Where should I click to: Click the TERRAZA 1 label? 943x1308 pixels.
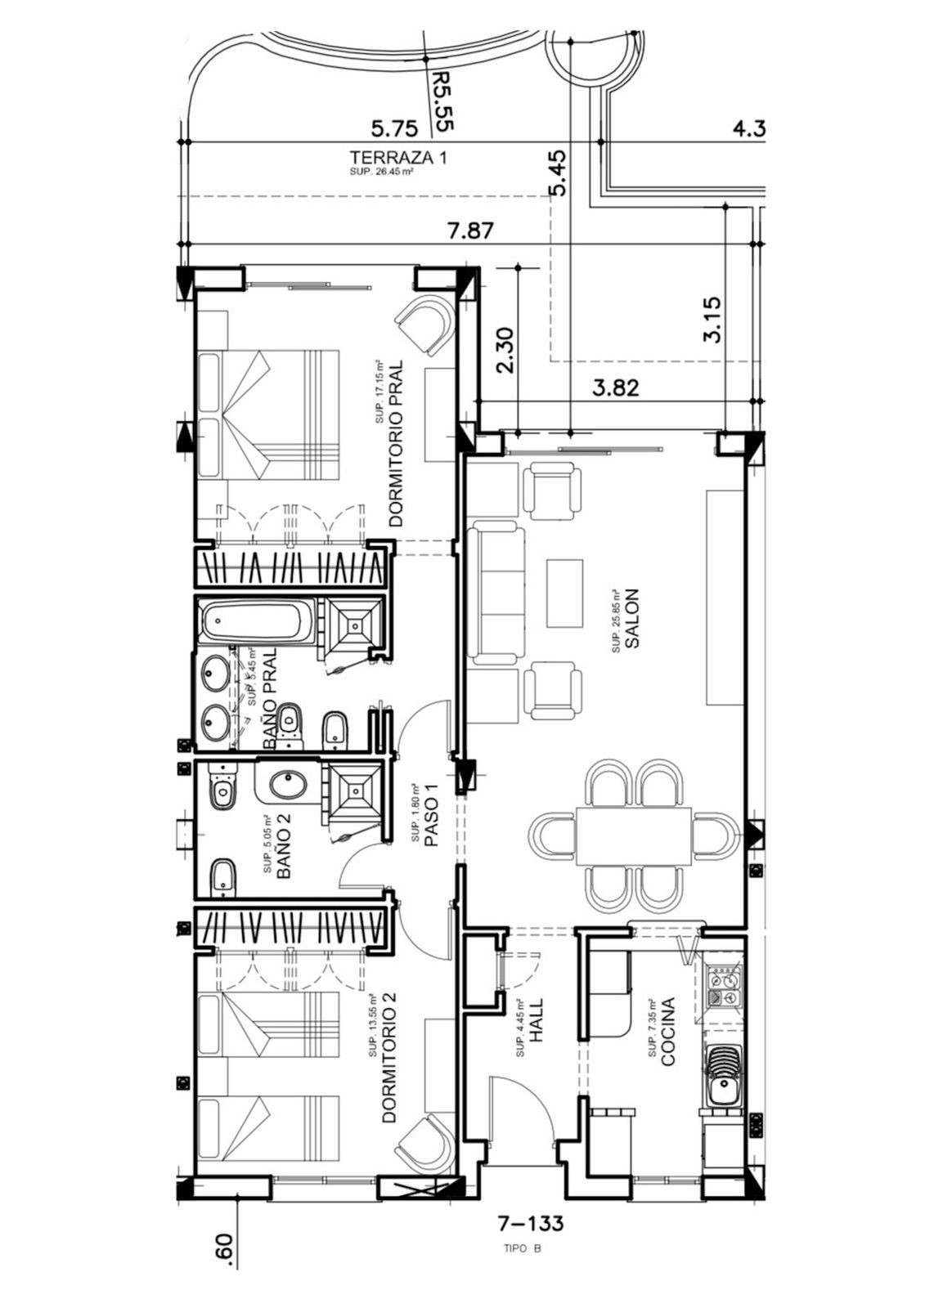click(398, 157)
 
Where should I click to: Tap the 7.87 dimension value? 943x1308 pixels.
click(471, 231)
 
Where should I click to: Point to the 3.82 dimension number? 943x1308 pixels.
click(616, 387)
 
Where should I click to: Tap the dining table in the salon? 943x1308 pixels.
click(633, 837)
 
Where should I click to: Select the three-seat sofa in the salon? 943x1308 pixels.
click(496, 595)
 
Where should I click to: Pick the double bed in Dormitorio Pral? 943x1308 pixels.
click(269, 414)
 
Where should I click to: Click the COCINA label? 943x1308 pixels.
click(667, 1031)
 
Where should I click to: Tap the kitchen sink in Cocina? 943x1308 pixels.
click(722, 1089)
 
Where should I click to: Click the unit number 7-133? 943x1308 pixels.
click(531, 1224)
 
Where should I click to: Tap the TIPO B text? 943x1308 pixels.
click(523, 1248)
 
